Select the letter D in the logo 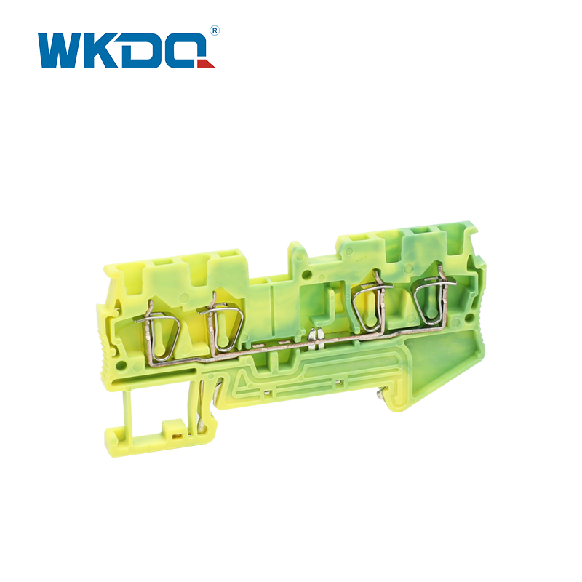pos(140,51)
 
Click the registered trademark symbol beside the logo pos(215,31)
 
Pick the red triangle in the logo pos(206,64)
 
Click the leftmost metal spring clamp pos(157,331)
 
